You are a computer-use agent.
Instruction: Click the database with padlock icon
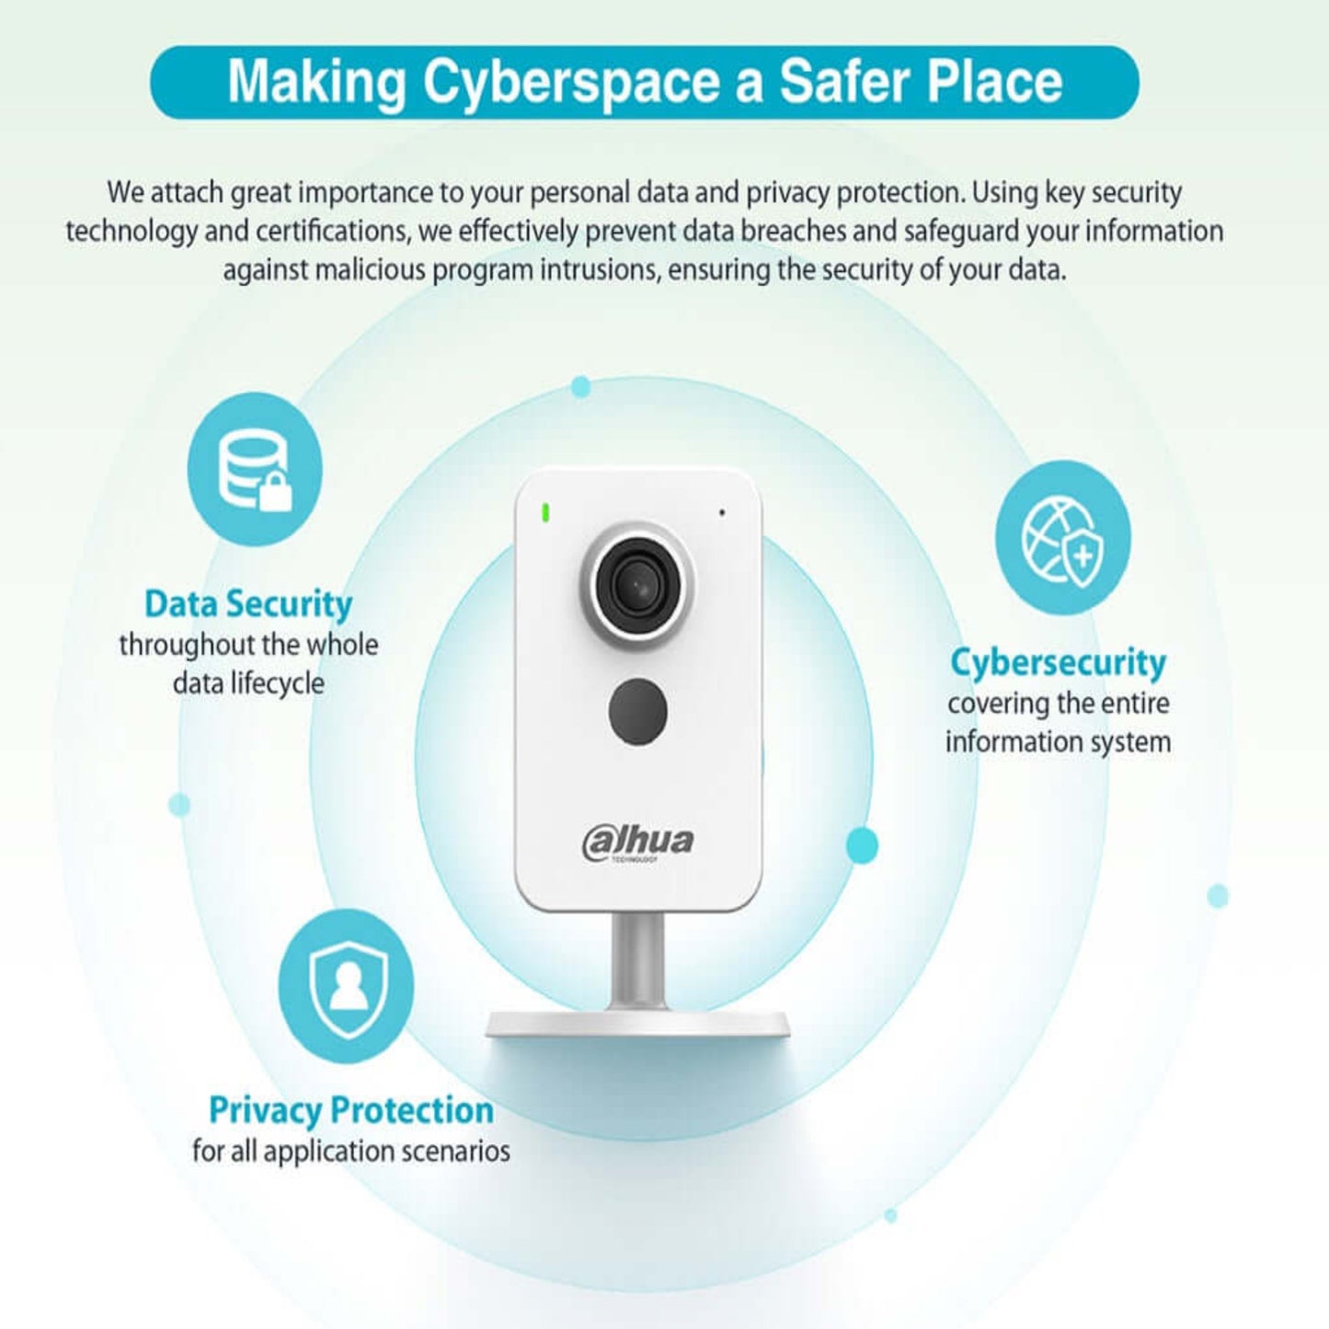[255, 469]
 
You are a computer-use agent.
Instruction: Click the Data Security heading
[248, 604]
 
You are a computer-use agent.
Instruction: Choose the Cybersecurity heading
[1058, 663]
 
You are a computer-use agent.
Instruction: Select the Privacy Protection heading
[351, 1110]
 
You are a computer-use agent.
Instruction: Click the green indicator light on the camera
[545, 512]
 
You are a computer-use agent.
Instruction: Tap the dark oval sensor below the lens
[637, 711]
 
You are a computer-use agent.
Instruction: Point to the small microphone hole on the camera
[721, 512]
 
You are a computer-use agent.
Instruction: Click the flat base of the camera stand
[636, 1024]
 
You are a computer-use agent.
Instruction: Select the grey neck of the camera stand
[638, 961]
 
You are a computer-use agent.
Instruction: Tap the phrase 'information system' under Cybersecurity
[1058, 742]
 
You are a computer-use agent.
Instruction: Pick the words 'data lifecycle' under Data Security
[248, 683]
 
